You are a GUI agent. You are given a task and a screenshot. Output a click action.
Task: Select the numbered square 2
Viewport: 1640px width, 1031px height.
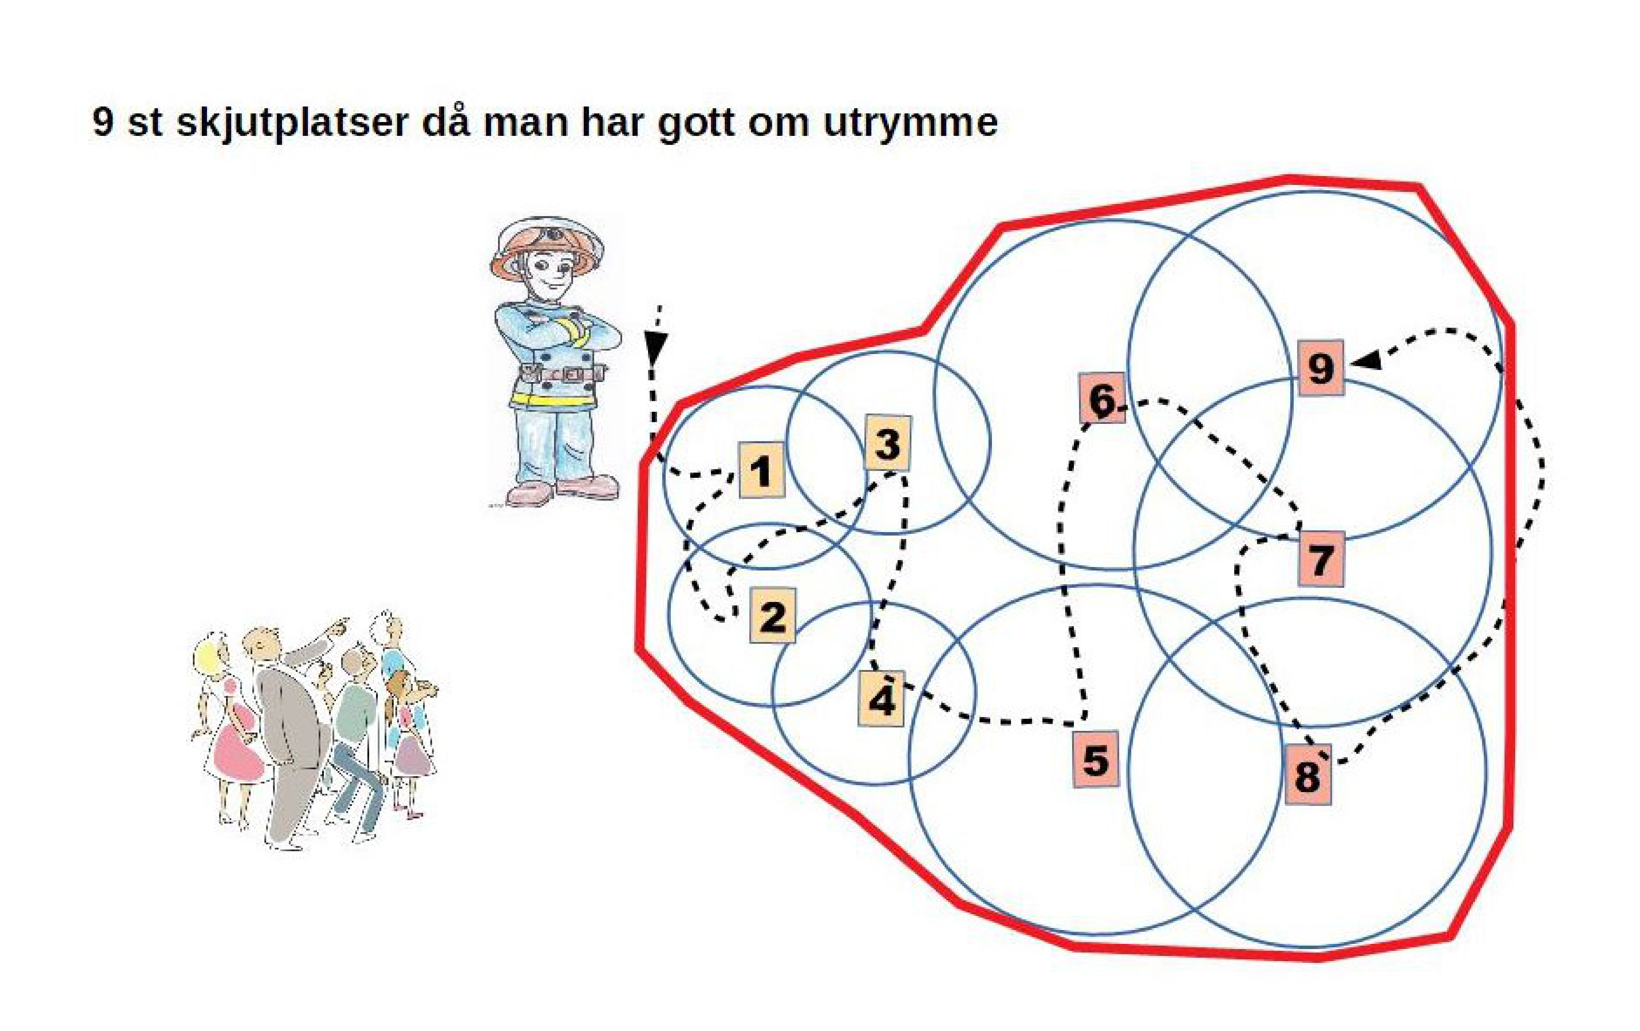[772, 615]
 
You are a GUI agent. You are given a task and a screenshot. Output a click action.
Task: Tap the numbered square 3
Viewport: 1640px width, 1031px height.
[888, 443]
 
